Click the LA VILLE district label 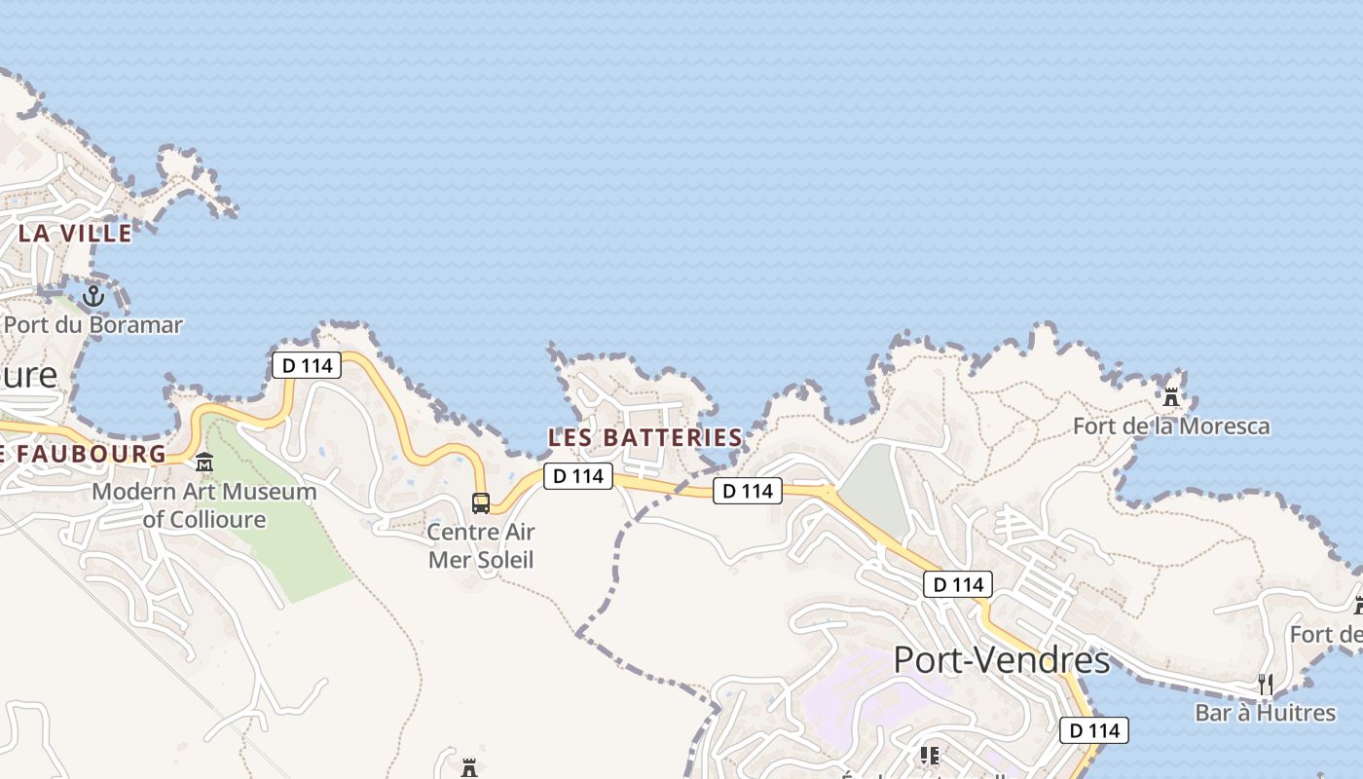75,234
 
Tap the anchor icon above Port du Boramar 93,295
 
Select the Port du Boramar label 93,324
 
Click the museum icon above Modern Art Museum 204,463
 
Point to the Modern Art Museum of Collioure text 204,504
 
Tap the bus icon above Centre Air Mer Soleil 481,502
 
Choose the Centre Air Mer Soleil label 481,545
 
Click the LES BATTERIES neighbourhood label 645,438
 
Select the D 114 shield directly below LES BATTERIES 578,476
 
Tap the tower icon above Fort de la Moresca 1171,397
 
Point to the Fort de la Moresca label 1171,427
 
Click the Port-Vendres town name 1002,660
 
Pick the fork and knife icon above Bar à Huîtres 1265,685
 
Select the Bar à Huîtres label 1266,713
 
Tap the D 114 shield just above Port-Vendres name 958,584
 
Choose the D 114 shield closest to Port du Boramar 307,366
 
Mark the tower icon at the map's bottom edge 469,768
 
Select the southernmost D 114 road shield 1094,730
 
